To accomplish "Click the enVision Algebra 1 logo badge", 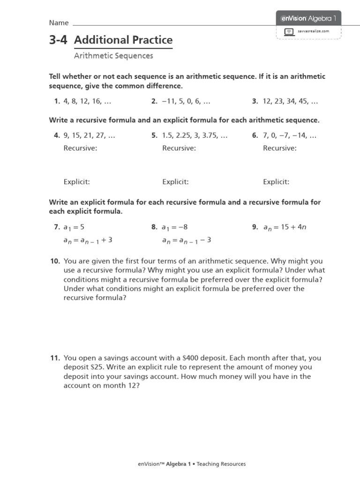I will tap(308, 18).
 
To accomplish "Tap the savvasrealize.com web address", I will tap(314, 31).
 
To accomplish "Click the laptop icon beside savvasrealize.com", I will tap(289, 31).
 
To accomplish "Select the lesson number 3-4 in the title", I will tap(58, 40).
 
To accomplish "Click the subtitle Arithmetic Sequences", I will tap(113, 56).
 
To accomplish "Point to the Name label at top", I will tap(59, 23).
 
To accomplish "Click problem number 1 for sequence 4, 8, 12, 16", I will tap(57, 101).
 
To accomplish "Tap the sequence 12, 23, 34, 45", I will tap(291, 101).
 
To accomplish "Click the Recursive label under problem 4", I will tap(80, 148).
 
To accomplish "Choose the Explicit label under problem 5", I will tap(175, 182).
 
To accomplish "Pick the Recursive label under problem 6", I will tap(280, 148).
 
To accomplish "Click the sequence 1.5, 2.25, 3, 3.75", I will tap(195, 136).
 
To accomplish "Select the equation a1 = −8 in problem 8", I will tap(174, 227).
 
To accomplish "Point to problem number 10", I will tap(55, 261).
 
